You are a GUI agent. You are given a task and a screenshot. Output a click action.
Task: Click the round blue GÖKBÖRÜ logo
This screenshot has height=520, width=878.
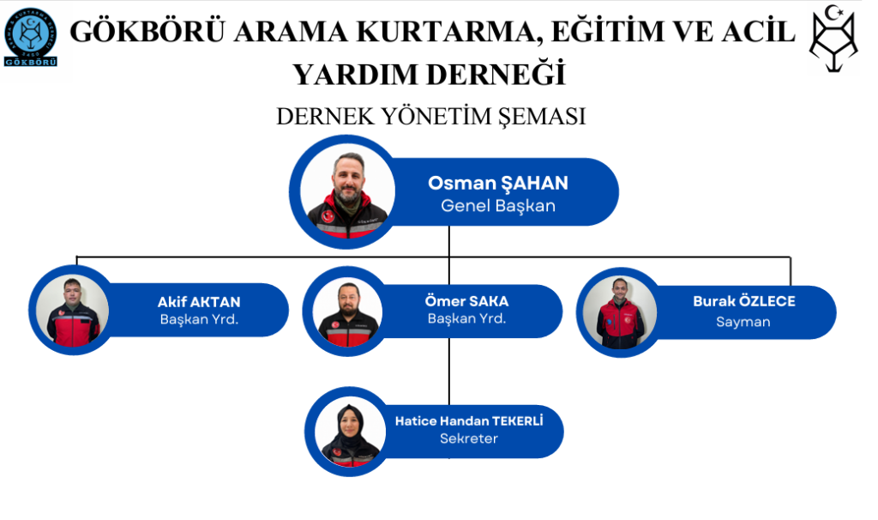[30, 37]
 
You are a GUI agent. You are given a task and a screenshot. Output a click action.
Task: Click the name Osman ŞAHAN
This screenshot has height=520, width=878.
[498, 183]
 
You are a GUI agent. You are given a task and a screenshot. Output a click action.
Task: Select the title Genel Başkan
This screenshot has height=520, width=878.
[498, 206]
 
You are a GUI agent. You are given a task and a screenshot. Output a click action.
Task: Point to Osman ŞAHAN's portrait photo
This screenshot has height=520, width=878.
[347, 191]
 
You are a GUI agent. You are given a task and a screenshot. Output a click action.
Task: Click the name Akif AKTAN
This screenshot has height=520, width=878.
[199, 302]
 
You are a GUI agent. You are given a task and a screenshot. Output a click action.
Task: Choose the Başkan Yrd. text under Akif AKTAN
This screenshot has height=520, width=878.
[199, 319]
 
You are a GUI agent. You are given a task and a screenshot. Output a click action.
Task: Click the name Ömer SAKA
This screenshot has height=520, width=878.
[466, 301]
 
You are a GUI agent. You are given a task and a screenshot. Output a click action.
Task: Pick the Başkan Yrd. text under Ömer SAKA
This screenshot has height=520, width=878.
[466, 318]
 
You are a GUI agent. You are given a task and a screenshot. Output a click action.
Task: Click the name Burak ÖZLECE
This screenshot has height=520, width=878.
[743, 301]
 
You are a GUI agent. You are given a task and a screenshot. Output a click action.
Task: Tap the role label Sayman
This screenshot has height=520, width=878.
[743, 322]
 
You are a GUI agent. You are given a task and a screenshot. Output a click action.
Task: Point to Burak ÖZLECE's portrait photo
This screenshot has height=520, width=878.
[619, 312]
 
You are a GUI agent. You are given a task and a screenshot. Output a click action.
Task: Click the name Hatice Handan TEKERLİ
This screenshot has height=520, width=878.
[469, 420]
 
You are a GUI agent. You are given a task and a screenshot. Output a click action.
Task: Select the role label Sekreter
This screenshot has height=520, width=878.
[469, 438]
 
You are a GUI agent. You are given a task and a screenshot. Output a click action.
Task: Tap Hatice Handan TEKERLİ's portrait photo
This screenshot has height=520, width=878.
[350, 432]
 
